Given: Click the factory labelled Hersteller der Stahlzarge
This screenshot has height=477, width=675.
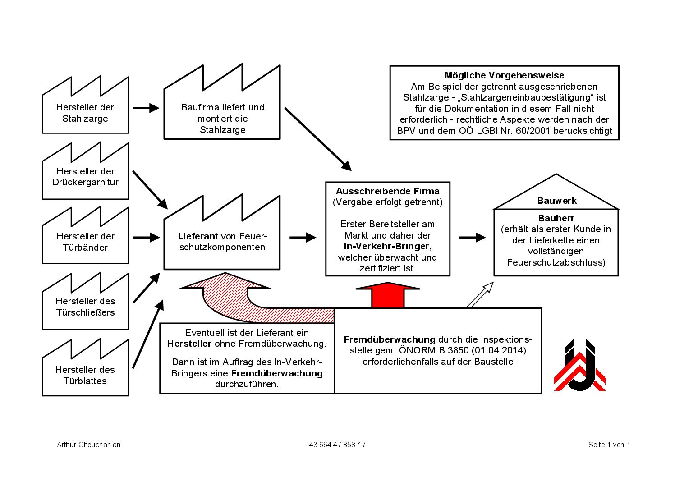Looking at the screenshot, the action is (85, 113).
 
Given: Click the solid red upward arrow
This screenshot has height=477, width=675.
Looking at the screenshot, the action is (388, 295).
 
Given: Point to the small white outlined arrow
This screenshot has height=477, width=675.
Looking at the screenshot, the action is (480, 295).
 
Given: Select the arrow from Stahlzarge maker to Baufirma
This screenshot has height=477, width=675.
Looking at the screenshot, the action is (146, 108).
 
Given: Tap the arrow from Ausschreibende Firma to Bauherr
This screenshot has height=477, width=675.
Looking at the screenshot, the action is (472, 238).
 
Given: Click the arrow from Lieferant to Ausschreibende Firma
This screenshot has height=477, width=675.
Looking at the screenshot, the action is (303, 238).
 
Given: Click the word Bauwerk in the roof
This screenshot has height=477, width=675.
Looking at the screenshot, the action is (557, 201).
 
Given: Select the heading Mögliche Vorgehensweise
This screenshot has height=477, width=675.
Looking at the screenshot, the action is (504, 75).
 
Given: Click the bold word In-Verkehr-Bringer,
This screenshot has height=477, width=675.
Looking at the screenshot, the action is (387, 246).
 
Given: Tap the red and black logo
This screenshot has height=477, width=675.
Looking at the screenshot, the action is (580, 365).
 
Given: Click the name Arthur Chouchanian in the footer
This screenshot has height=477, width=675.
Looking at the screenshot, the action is (88, 445).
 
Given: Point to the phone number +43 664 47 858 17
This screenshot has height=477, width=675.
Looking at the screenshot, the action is (335, 445).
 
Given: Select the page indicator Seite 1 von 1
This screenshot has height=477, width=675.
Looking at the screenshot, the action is (609, 445).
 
